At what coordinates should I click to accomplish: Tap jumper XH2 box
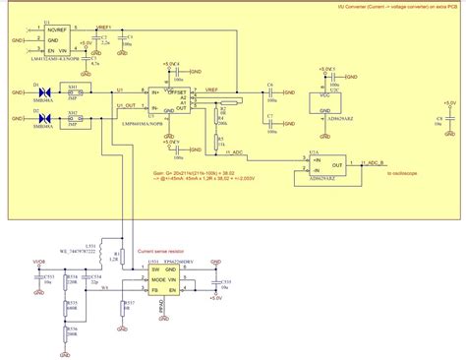[73, 120]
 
